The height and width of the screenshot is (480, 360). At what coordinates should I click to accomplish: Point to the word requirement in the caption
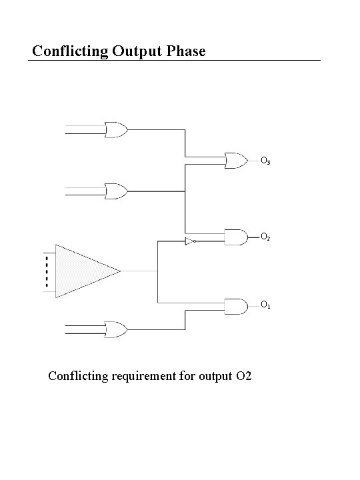(x=145, y=377)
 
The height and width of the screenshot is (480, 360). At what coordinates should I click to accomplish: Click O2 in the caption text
(x=243, y=377)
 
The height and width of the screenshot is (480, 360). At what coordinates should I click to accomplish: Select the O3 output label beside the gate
(x=265, y=161)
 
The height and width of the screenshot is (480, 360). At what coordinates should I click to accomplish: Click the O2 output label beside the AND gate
(x=265, y=237)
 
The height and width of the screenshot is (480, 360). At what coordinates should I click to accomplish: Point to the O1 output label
(x=265, y=305)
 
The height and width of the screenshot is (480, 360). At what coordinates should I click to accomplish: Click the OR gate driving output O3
(x=235, y=160)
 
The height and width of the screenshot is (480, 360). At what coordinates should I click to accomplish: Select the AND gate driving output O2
(x=235, y=236)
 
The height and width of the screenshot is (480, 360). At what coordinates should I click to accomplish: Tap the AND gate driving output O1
(x=235, y=306)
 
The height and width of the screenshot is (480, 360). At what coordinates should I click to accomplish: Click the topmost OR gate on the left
(x=117, y=130)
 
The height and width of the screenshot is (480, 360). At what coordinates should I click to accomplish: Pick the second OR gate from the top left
(x=117, y=192)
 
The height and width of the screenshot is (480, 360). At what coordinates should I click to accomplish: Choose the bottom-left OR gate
(x=117, y=329)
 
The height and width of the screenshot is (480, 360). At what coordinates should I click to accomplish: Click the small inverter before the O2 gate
(x=190, y=241)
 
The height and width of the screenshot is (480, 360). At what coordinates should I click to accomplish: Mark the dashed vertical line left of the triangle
(x=47, y=271)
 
